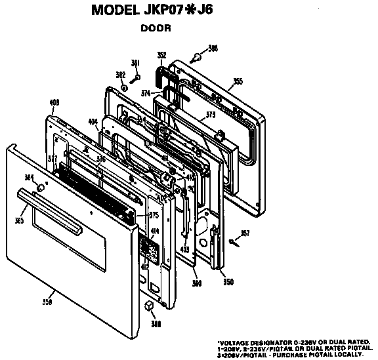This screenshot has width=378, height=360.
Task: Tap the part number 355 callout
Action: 238,81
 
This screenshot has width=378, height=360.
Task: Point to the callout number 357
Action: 245,233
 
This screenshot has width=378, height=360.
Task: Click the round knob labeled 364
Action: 40,188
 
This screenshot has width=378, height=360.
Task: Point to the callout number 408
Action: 54,102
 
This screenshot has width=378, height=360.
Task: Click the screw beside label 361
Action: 134,78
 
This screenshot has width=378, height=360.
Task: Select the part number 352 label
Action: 161,55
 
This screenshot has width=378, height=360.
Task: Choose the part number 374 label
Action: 145,92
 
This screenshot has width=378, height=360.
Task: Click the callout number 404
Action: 93,121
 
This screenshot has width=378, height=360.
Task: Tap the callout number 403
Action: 185,250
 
